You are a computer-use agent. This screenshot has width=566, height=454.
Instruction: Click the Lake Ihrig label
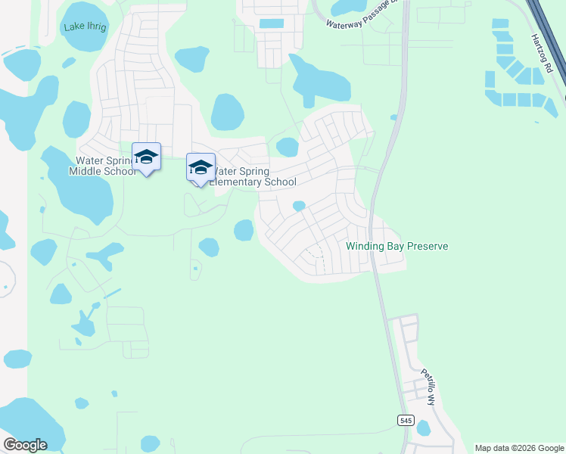[86, 26]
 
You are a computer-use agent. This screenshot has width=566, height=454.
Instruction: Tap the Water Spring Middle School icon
[147, 157]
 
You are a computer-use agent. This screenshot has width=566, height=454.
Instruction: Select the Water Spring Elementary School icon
[201, 168]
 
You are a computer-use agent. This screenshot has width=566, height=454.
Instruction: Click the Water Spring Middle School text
[104, 166]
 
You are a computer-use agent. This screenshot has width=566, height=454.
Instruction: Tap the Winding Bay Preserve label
[397, 246]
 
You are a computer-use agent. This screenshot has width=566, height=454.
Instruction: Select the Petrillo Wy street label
[429, 387]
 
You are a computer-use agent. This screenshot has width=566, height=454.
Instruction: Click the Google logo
[25, 444]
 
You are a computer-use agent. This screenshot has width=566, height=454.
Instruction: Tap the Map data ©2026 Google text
[518, 448]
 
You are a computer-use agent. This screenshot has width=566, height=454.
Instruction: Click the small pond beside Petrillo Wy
[423, 428]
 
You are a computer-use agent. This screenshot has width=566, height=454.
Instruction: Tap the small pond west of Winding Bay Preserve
[299, 206]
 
